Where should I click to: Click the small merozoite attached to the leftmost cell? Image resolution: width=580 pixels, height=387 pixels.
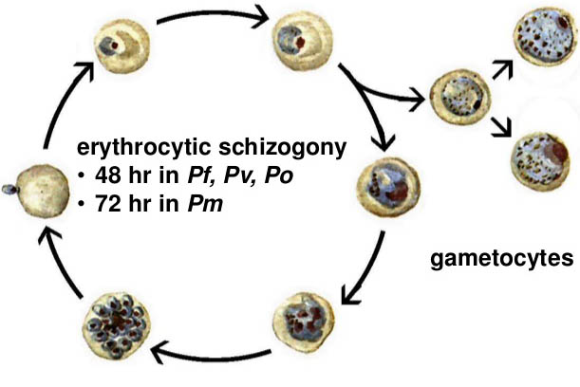point(9,188)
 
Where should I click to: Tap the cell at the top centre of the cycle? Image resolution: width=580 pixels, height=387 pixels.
point(296,38)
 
